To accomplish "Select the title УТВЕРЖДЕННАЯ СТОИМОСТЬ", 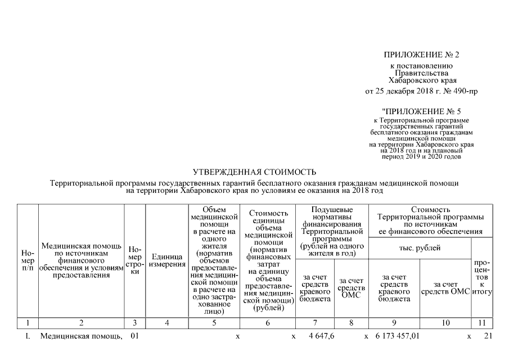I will click(254, 172).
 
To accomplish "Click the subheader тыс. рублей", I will click(420, 248).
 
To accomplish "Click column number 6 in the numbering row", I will click(267, 323).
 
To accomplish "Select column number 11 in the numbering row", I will click(482, 323).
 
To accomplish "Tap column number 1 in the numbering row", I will click(28, 323).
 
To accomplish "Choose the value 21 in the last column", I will click(488, 336).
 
